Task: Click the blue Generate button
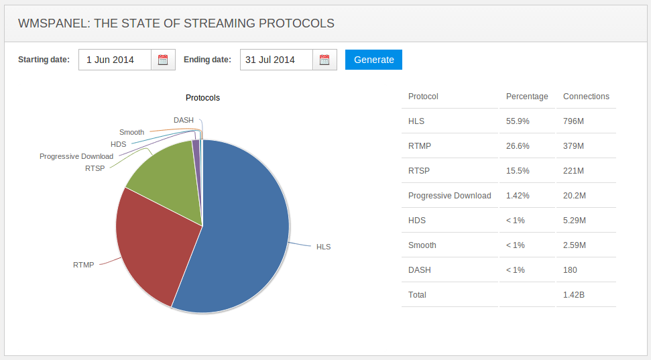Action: [373, 60]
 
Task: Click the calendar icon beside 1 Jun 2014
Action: [163, 60]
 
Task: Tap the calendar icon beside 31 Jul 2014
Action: [324, 60]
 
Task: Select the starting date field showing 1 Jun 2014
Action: [115, 60]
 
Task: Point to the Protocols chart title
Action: [202, 98]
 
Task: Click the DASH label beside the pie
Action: [183, 121]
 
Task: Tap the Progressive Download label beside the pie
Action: [76, 156]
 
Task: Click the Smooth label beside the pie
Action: [131, 132]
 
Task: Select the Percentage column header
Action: [527, 97]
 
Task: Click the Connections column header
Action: [586, 97]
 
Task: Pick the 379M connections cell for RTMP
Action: [573, 146]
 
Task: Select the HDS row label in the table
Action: [417, 221]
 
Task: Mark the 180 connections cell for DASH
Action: [570, 270]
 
